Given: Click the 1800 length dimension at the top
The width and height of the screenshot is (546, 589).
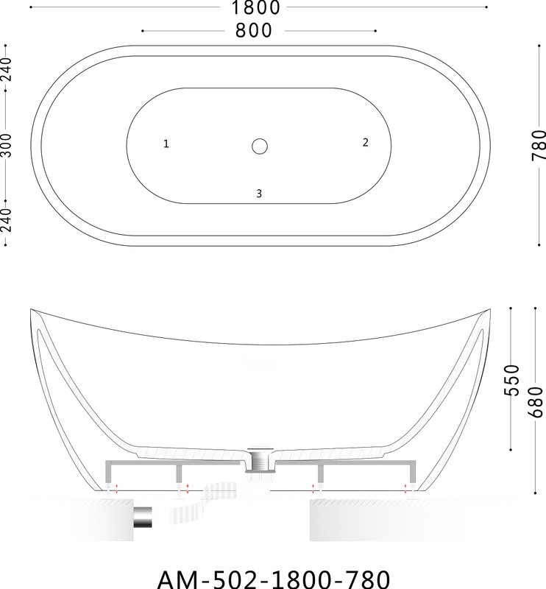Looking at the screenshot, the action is (256, 7).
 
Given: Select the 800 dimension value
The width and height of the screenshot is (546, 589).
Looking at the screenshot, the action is (253, 30).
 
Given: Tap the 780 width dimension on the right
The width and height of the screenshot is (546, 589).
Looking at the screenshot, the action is (538, 145).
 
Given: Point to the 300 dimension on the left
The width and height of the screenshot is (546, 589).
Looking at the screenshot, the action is (7, 145).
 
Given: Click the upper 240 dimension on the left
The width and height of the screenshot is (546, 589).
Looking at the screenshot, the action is (7, 69).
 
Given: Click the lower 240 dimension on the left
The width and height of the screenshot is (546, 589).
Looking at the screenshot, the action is (7, 220).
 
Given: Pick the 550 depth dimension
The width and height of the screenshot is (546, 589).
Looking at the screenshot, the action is (511, 380).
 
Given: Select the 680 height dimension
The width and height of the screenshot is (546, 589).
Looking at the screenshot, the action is (536, 402).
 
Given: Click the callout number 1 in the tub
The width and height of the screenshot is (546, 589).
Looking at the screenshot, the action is (166, 144).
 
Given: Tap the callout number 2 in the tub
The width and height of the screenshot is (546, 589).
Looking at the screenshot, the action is (366, 142).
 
